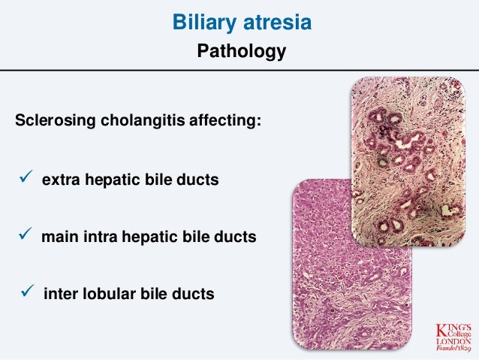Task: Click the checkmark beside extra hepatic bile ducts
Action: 22,180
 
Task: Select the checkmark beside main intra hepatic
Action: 22,237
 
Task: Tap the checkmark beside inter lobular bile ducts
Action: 22,293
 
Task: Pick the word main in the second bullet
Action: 57,237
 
